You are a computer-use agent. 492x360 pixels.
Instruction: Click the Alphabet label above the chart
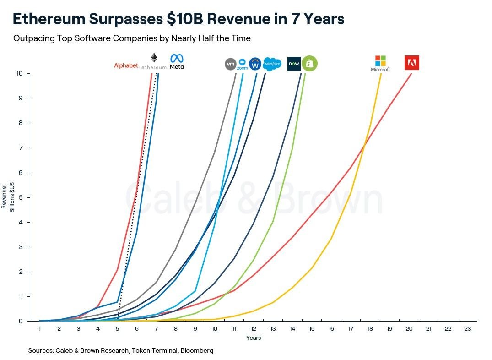pos(126,65)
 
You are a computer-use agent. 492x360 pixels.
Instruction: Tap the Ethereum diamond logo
pos(154,58)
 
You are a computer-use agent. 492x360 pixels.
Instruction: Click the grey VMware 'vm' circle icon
pos(231,64)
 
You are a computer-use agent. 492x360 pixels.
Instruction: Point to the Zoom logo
pos(242,64)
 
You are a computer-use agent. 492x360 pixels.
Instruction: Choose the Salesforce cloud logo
pos(272,64)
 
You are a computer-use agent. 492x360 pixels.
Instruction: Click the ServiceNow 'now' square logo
pos(293,64)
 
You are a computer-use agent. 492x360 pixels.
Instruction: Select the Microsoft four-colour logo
pos(380,61)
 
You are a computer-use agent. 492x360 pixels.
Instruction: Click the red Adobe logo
pos(411,63)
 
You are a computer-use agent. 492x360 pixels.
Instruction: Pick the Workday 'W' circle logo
pos(255,64)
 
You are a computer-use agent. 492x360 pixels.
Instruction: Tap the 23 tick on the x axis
pos(467,328)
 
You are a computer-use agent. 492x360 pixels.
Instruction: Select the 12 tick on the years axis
pos(254,328)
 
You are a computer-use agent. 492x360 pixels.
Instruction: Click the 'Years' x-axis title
pos(253,338)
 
